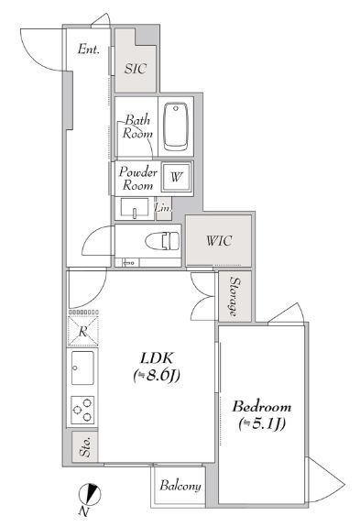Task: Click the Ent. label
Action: pos(89,49)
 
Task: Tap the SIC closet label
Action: pos(136,69)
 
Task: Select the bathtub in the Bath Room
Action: pos(176,126)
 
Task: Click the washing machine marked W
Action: pos(176,177)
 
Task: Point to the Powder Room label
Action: pos(137,179)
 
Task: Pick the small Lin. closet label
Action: pos(163,208)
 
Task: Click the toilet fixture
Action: pos(162,241)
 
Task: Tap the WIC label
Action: pos(219,241)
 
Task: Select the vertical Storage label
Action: pos(235,296)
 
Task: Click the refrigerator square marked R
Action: pos(83,331)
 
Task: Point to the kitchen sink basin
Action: pos(82,368)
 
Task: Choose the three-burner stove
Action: pos(82,410)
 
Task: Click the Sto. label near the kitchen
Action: pos(85,447)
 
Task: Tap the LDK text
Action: pos(157,358)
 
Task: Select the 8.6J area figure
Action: pos(157,376)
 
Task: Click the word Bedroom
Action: pos(262,407)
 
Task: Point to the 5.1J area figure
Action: pos(262,423)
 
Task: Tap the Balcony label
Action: pos(180,486)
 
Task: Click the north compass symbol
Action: pos(90,494)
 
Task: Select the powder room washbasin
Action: pos(135,208)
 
